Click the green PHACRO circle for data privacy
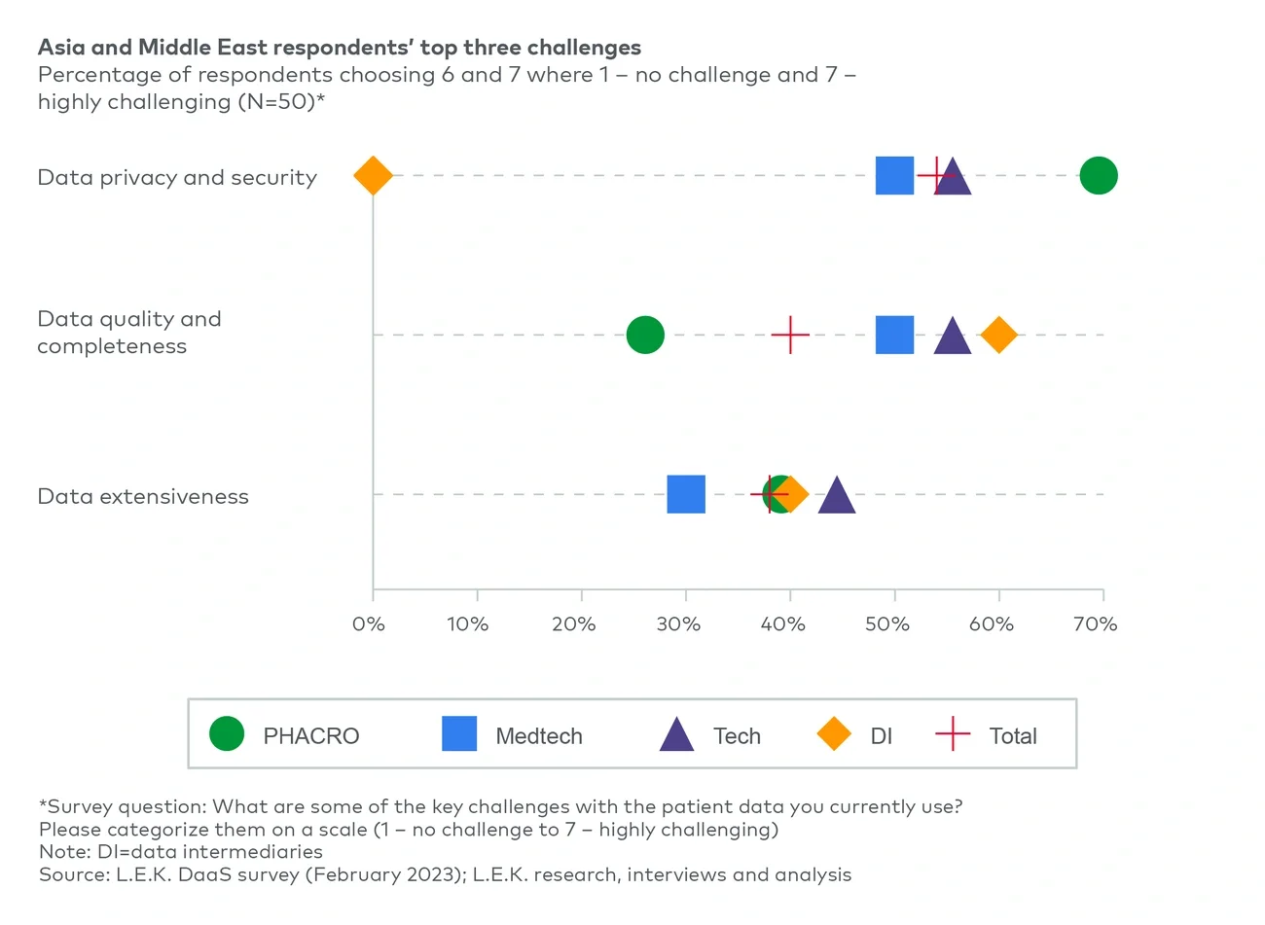tap(1098, 176)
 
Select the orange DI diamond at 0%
tap(373, 176)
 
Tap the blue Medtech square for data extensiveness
tap(686, 494)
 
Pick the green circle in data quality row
tap(645, 335)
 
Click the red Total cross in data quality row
tap(790, 335)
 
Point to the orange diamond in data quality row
tap(998, 335)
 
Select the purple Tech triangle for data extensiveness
tap(836, 496)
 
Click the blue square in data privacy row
tap(894, 176)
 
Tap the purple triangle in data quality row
tap(952, 338)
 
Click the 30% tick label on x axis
tap(678, 624)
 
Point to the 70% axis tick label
tap(1095, 624)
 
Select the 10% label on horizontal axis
tap(468, 624)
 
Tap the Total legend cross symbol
tap(953, 734)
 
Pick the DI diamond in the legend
tap(834, 734)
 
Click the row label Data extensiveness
tap(143, 496)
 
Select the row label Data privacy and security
tap(177, 177)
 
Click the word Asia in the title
tap(60, 48)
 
